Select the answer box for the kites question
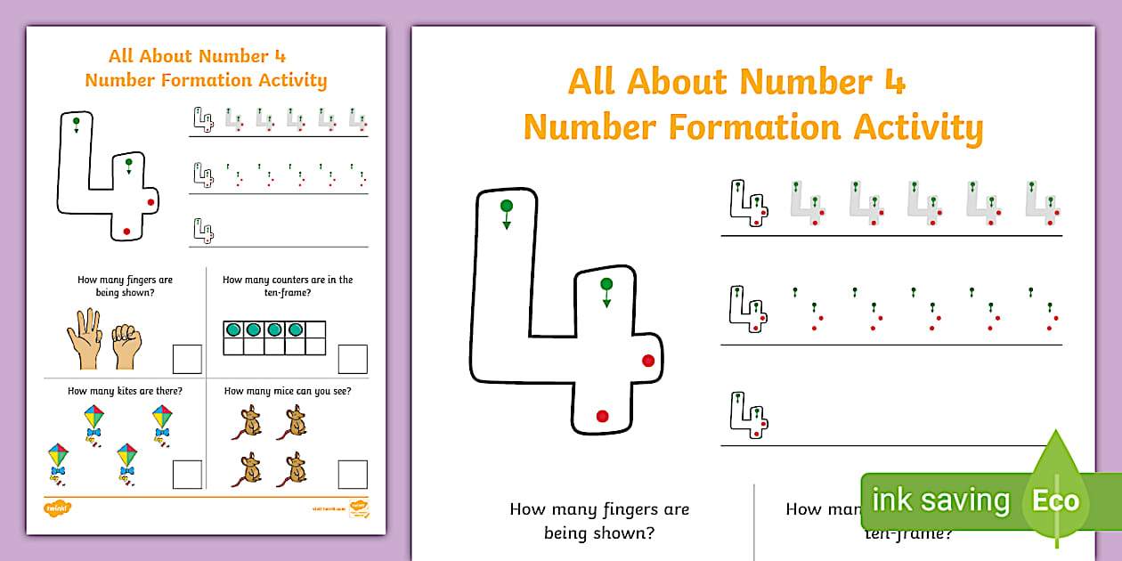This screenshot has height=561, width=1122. pos(187,474)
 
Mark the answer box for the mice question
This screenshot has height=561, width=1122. pos(353,474)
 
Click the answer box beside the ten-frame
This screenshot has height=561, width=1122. pos(353,359)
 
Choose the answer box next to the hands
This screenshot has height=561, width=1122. pos(187,359)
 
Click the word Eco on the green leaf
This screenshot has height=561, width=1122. pos(1055,500)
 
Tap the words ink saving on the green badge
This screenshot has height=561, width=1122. pos(940,500)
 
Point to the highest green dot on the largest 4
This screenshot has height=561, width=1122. pos(506,207)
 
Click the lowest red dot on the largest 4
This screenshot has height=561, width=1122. pos(602,416)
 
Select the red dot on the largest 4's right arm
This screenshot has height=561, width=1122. pos(648,360)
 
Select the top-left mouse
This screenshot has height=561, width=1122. pos(252,420)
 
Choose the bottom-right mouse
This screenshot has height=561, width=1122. pos(296,468)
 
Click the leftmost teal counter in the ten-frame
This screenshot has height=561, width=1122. pos(233,329)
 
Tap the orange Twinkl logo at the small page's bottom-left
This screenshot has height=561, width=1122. pos(57,508)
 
